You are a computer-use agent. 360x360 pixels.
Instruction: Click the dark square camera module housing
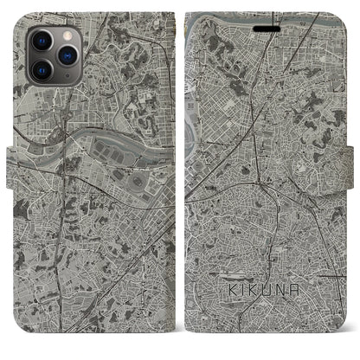click(52, 53)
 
